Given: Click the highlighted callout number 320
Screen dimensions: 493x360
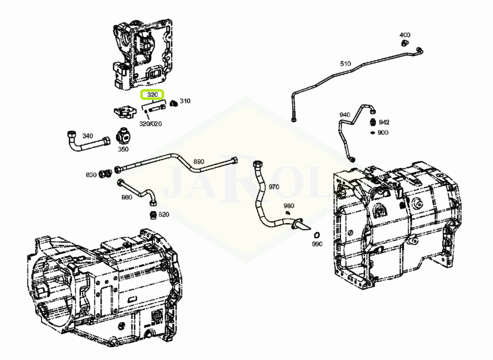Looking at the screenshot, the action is click(152, 95).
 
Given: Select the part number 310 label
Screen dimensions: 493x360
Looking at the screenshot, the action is click(185, 101).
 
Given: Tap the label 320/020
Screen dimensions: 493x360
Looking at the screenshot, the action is click(151, 124).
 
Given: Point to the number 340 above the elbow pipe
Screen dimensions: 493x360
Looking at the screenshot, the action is click(88, 136).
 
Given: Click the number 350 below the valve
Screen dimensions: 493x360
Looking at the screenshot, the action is click(123, 149).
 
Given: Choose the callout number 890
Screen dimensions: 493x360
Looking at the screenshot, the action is click(199, 162).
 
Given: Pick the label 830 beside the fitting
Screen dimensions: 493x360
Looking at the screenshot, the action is click(91, 175).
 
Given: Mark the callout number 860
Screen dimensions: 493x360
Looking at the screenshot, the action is click(127, 197).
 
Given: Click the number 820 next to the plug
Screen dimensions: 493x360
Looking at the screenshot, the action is click(164, 214).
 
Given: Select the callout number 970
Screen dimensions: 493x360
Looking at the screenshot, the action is click(274, 187).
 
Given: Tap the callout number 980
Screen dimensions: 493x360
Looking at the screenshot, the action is click(288, 206).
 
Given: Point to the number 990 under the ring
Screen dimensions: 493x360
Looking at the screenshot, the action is click(317, 243).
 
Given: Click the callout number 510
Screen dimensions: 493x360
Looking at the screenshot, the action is click(345, 64).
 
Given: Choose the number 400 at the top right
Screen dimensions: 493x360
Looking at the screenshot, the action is click(405, 35).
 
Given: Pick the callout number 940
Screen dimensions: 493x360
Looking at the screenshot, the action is click(344, 115).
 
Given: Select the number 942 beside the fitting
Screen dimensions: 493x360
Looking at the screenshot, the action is click(384, 122).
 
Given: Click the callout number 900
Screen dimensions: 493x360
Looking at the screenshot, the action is click(383, 133).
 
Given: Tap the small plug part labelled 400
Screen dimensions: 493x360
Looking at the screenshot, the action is click(404, 43).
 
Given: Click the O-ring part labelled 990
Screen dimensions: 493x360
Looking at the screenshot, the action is click(317, 235).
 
